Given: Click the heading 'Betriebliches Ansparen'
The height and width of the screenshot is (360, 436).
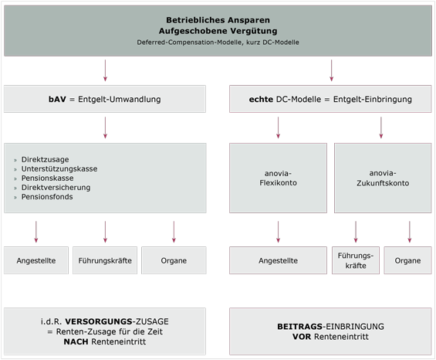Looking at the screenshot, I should pyautogui.click(x=218, y=19).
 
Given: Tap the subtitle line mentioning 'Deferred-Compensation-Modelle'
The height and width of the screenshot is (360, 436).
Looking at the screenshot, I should pyautogui.click(x=218, y=40).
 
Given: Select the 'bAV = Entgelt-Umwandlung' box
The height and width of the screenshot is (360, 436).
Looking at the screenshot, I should pyautogui.click(x=105, y=99).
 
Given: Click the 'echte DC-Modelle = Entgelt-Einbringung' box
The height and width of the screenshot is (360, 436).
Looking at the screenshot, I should pyautogui.click(x=331, y=99).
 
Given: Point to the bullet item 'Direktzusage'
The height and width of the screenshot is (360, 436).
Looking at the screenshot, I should pyautogui.click(x=44, y=158).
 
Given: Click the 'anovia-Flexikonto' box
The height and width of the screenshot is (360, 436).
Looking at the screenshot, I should pyautogui.click(x=278, y=178).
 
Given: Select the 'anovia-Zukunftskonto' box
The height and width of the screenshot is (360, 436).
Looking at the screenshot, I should pyautogui.click(x=382, y=178).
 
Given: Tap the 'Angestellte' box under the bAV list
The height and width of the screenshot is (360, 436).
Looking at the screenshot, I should pyautogui.click(x=35, y=260).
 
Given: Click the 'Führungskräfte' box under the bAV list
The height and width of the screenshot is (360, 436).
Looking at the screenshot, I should pyautogui.click(x=105, y=260).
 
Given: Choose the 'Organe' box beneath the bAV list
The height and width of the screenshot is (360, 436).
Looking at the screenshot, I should pyautogui.click(x=174, y=260).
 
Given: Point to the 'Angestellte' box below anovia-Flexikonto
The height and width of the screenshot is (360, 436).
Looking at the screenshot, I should pyautogui.click(x=278, y=260).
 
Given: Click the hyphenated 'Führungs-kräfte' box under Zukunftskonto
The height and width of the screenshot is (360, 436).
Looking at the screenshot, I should pyautogui.click(x=356, y=260).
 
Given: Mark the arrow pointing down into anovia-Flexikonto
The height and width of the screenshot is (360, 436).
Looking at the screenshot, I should pyautogui.click(x=278, y=127).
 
